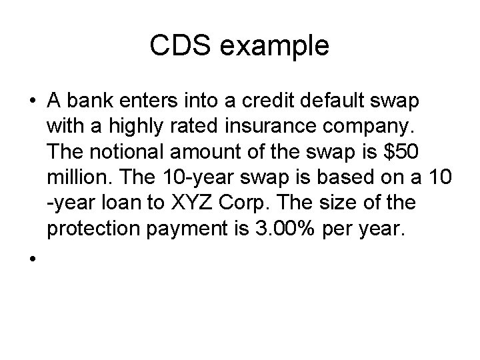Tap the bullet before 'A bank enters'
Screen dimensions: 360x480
[x=32, y=101]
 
